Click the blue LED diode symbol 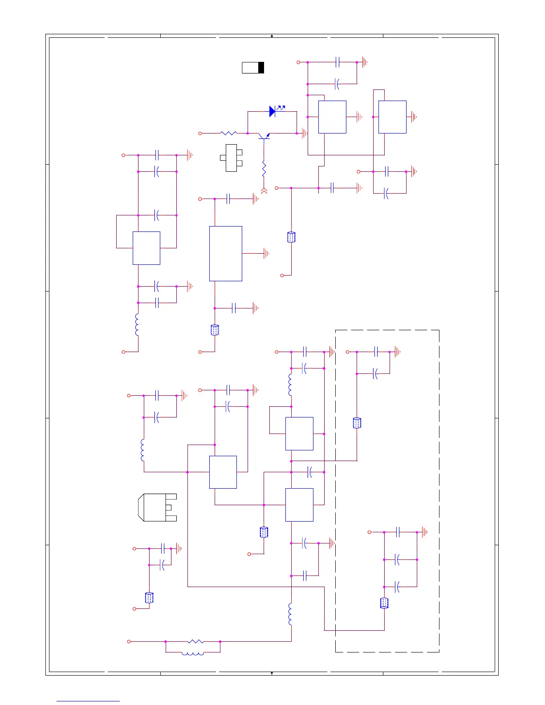pyautogui.click(x=272, y=111)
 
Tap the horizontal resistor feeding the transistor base pyautogui.click(x=228, y=133)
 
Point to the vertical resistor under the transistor pyautogui.click(x=264, y=169)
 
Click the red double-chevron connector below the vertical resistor pyautogui.click(x=264, y=191)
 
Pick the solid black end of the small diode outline pyautogui.click(x=261, y=68)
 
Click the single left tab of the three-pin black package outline pyautogui.click(x=223, y=158)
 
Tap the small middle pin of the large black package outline pyautogui.click(x=168, y=507)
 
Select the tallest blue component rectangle pyautogui.click(x=226, y=254)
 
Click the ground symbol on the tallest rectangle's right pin pyautogui.click(x=266, y=254)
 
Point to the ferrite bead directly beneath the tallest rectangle pyautogui.click(x=215, y=330)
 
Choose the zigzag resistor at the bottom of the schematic pyautogui.click(x=196, y=641)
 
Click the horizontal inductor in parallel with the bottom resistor pyautogui.click(x=193, y=653)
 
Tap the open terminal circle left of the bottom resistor pyautogui.click(x=129, y=641)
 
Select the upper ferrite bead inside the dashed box pyautogui.click(x=357, y=423)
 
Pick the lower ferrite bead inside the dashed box pyautogui.click(x=384, y=603)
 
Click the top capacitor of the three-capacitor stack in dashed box pyautogui.click(x=398, y=532)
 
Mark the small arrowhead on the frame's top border pyautogui.click(x=272, y=36)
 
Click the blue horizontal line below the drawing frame pyautogui.click(x=88, y=701)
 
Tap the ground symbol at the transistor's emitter pyautogui.click(x=305, y=133)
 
